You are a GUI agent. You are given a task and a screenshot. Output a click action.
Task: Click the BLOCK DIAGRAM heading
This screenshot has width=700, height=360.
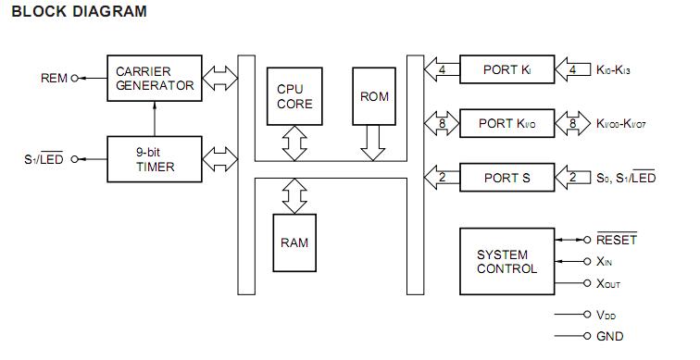pyautogui.click(x=80, y=12)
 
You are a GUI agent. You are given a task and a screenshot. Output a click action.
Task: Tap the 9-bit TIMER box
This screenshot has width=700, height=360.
pyautogui.click(x=154, y=159)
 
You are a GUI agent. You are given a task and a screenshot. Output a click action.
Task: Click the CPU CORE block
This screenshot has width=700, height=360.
pyautogui.click(x=295, y=96)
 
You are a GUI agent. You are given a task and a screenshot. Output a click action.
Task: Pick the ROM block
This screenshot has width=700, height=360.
pyautogui.click(x=374, y=96)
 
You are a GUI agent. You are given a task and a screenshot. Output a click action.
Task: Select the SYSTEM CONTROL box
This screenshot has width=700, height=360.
pyautogui.click(x=506, y=261)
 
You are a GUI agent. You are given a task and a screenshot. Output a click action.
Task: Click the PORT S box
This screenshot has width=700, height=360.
pyautogui.click(x=506, y=177)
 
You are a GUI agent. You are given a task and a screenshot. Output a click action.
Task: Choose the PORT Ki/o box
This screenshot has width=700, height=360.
pyautogui.click(x=506, y=123)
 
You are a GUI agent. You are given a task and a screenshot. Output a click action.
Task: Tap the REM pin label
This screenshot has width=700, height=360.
pyautogui.click(x=55, y=79)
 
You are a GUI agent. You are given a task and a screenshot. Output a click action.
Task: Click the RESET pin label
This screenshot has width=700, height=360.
pyautogui.click(x=617, y=240)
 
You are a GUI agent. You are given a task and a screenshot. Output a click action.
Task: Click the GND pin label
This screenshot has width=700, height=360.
pyautogui.click(x=610, y=337)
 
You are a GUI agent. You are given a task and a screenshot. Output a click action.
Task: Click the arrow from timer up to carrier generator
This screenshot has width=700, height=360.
pyautogui.click(x=154, y=118)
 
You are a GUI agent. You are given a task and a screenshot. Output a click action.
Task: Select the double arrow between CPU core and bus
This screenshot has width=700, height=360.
pyautogui.click(x=295, y=143)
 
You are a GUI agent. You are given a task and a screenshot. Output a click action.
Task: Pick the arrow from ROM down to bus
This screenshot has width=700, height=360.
pyautogui.click(x=374, y=143)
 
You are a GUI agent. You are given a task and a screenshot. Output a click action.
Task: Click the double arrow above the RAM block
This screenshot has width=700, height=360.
pyautogui.click(x=294, y=194)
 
